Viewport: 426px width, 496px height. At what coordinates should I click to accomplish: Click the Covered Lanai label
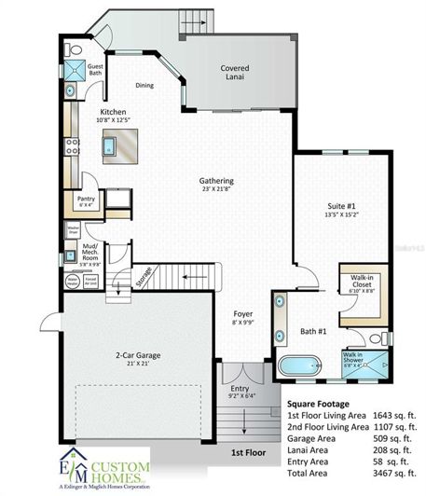233,73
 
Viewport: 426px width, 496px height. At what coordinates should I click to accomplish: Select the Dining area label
144,85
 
